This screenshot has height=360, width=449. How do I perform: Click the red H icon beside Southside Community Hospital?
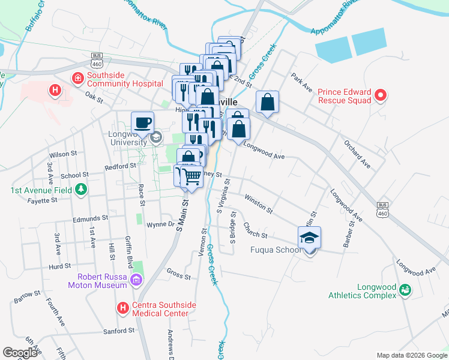[77, 78]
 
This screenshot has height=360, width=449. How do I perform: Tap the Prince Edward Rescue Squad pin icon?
[380, 95]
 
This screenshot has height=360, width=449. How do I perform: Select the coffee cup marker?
[142, 123]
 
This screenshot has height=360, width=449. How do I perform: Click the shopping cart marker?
[191, 177]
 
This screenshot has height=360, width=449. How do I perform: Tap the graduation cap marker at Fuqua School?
[309, 238]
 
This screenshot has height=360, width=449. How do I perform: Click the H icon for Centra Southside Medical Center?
[123, 308]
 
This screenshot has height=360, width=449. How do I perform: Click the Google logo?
[20, 353]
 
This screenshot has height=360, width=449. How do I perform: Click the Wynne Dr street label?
[160, 225]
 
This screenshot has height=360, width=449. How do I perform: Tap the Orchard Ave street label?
[357, 154]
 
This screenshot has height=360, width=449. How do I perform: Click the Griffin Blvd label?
[129, 245]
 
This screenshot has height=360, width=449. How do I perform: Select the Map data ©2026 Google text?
[411, 355]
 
